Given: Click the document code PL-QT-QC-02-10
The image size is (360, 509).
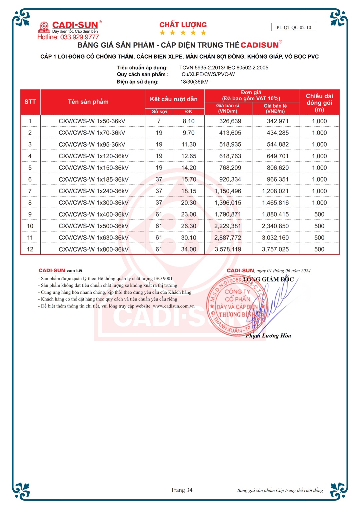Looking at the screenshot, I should (x=294, y=27).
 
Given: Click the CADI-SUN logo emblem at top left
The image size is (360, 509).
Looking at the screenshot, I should (x=44, y=27).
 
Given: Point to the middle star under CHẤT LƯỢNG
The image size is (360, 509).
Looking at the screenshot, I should (x=183, y=33).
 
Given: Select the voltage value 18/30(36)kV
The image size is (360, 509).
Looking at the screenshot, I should (x=194, y=82).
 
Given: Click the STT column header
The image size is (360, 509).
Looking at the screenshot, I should (x=30, y=102).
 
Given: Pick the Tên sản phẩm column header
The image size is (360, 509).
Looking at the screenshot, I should (x=88, y=102).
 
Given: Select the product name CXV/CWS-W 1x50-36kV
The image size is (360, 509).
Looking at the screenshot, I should (x=92, y=121).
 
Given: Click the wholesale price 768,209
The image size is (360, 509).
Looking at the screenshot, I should (x=230, y=168).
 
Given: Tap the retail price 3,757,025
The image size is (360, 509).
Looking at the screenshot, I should (x=275, y=250).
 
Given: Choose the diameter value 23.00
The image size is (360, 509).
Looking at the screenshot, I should (x=189, y=215).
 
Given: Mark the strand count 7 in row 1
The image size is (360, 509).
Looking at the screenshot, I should (x=159, y=121).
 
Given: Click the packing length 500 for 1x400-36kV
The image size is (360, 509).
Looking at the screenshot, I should (x=319, y=215).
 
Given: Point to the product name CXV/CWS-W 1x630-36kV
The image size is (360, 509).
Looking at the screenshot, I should (x=94, y=238).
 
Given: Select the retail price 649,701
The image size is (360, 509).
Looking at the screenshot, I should (x=275, y=156).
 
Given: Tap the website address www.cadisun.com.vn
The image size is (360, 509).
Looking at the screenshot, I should (x=174, y=306).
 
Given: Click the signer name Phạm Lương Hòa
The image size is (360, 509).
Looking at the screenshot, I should (x=268, y=336).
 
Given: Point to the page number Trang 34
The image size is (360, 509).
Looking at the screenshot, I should (x=182, y=490).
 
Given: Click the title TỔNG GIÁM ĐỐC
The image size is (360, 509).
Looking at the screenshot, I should (x=268, y=279).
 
